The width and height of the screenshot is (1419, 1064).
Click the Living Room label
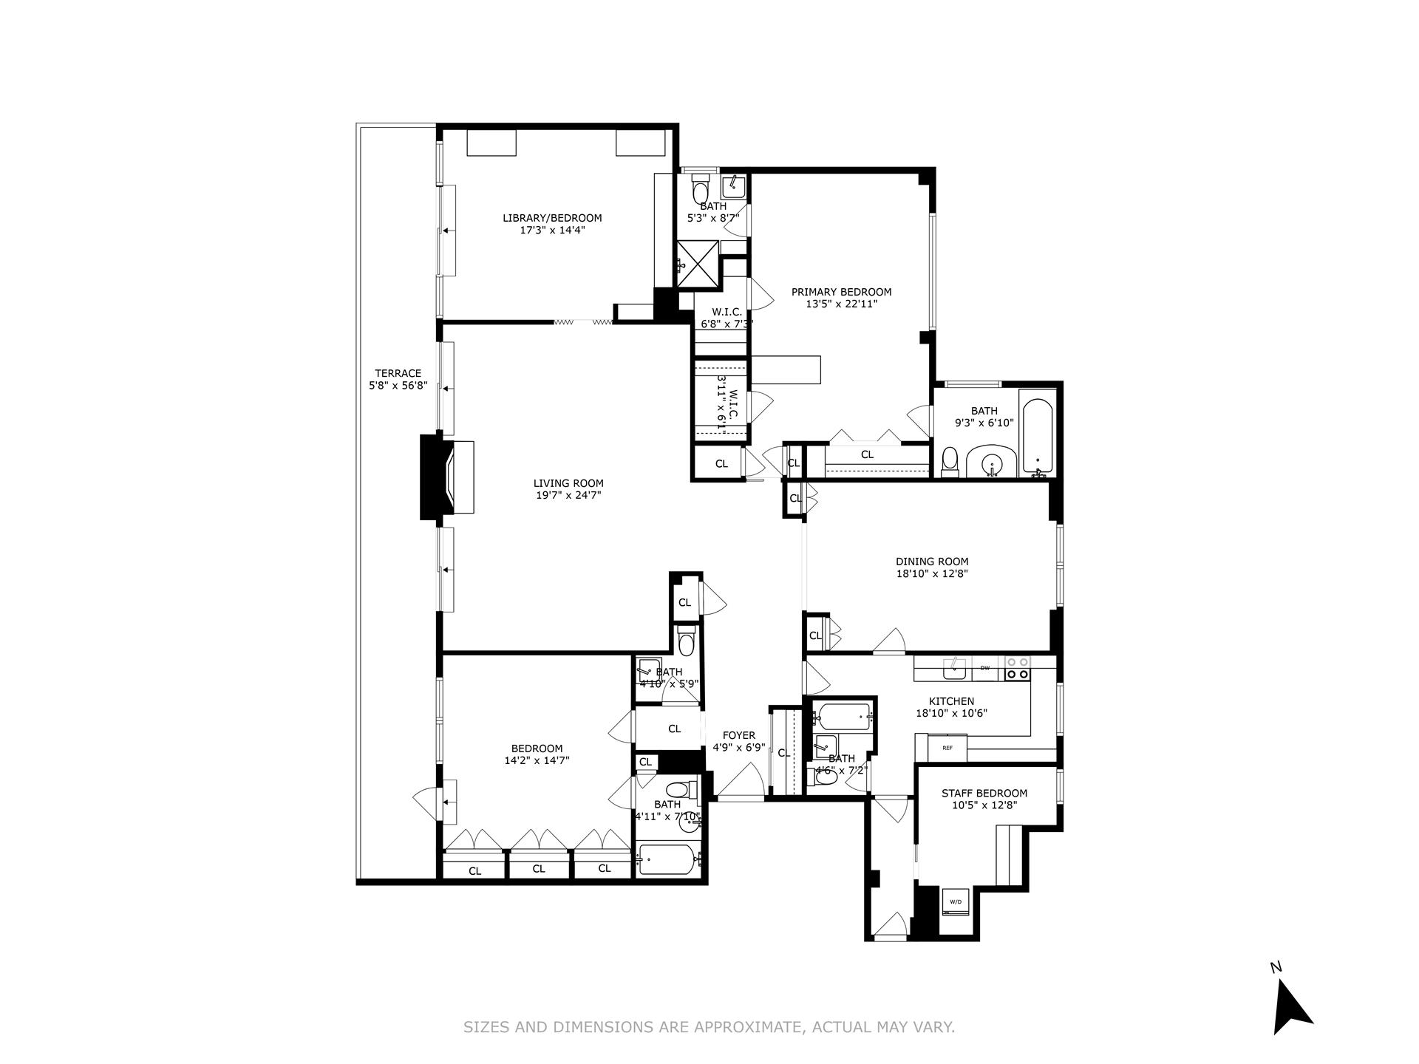point(568,483)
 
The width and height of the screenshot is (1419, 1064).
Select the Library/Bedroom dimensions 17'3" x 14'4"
point(552,230)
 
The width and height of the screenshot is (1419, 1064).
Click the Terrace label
point(398,373)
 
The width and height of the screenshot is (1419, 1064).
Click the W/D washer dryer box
point(955,902)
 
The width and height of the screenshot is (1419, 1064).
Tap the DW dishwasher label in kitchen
point(984,668)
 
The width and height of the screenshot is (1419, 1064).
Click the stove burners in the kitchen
point(1018,669)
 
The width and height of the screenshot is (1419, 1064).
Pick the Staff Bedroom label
point(984,794)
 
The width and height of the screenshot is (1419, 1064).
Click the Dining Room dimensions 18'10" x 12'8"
point(931,573)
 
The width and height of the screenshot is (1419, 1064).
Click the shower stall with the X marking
point(698,259)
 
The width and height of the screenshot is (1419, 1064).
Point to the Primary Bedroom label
point(841,292)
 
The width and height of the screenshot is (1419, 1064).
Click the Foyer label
point(738,735)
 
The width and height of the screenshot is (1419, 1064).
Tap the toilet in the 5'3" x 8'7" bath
point(699,190)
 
